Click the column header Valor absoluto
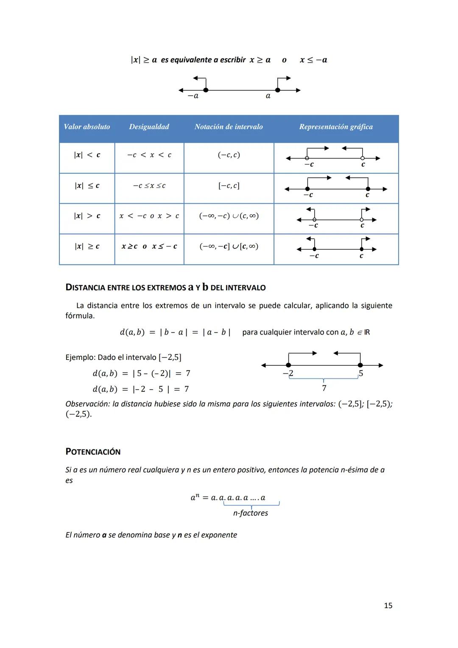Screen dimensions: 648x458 (x=87, y=127)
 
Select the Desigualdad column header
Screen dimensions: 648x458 (x=149, y=127)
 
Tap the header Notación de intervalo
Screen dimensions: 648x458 (x=229, y=127)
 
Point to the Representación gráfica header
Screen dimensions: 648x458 (x=336, y=127)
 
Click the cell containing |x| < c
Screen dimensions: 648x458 (x=87, y=155)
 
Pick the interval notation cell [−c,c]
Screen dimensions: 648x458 (x=229, y=186)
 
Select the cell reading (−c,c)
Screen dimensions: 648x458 (x=229, y=155)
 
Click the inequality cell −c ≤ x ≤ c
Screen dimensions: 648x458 (x=149, y=186)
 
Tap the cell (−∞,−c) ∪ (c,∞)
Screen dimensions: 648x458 (x=229, y=216)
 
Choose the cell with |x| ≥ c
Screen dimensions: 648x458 (x=87, y=247)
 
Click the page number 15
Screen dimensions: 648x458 (x=388, y=606)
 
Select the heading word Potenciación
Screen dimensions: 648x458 (x=93, y=452)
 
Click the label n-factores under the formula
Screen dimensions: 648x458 (x=250, y=513)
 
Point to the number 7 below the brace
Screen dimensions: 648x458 (x=324, y=388)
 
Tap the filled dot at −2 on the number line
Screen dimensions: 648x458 (x=288, y=365)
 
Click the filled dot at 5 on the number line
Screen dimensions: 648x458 (x=360, y=365)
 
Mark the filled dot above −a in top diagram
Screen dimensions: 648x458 (x=206, y=90)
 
